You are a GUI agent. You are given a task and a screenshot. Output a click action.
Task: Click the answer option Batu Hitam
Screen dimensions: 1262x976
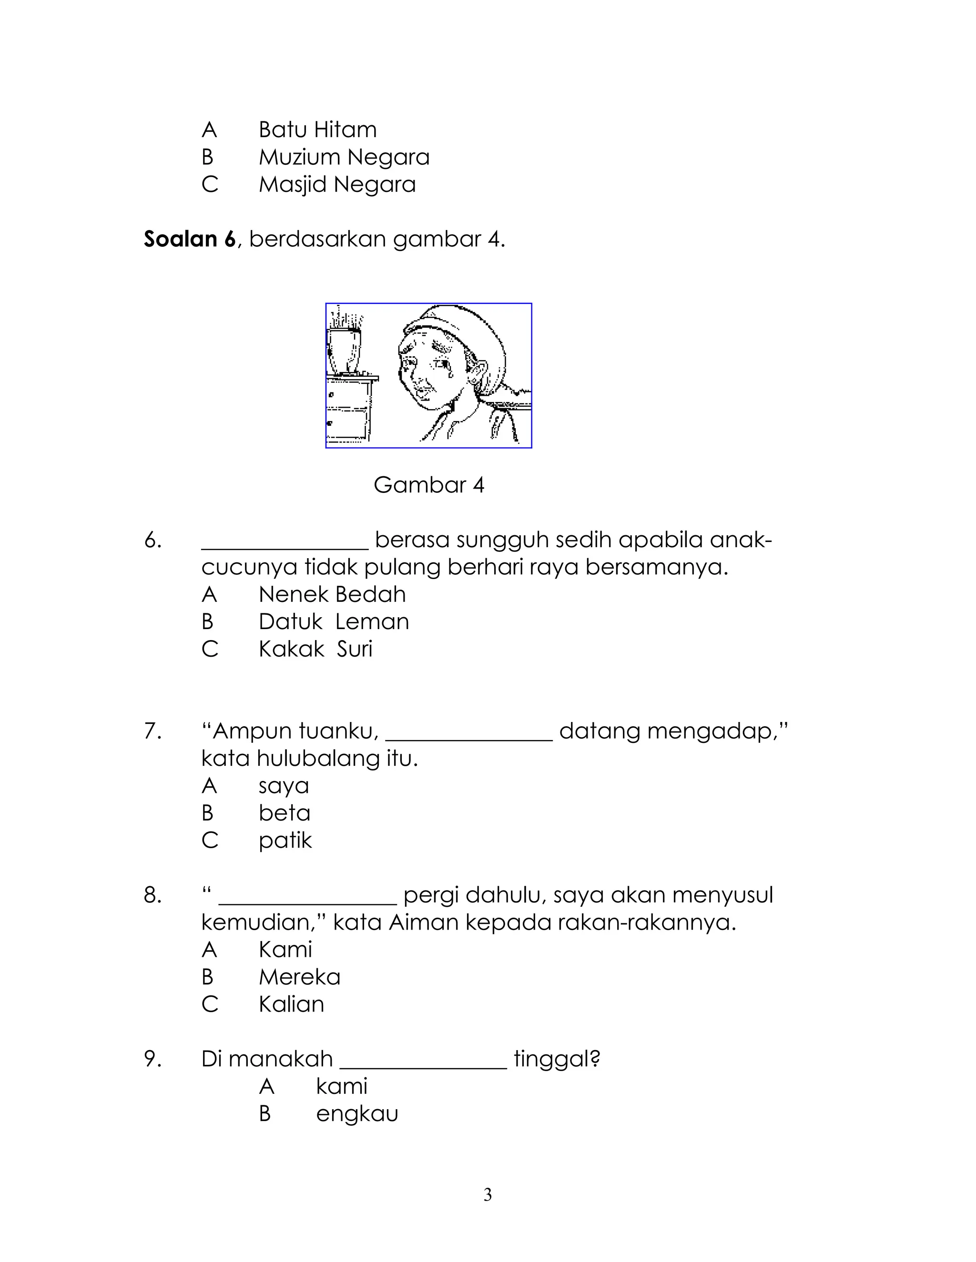(x=317, y=130)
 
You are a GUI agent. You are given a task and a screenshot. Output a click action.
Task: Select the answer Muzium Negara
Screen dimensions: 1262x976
(x=344, y=157)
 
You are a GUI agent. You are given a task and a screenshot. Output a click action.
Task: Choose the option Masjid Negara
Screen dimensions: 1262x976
(x=336, y=185)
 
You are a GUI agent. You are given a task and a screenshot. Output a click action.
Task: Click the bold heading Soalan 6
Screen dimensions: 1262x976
(x=190, y=239)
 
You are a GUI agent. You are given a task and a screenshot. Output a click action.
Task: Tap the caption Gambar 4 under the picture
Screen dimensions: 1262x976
(x=428, y=485)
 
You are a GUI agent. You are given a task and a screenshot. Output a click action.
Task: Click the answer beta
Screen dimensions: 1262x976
(x=285, y=813)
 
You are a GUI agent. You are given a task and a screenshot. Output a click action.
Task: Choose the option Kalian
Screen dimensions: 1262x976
(x=291, y=1004)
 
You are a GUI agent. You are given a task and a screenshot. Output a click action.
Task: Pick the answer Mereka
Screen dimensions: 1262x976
(x=299, y=977)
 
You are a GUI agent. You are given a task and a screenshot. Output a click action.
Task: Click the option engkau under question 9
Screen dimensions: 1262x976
(x=357, y=1113)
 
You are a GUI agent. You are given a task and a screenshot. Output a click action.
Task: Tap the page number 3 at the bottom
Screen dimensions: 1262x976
(x=488, y=1195)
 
